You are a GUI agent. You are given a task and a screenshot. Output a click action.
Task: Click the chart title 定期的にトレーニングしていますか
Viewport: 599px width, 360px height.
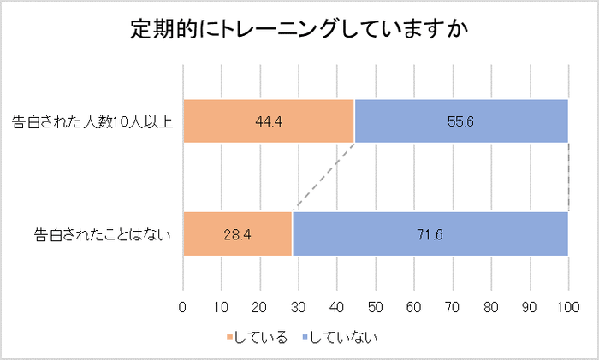pyautogui.click(x=299, y=29)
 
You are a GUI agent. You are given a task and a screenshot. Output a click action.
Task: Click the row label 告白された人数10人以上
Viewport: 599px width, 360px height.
pyautogui.click(x=92, y=121)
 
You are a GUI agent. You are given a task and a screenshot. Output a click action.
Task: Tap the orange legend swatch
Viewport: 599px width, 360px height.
pyautogui.click(x=229, y=336)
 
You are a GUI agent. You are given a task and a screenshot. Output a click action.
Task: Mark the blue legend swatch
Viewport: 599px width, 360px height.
pyautogui.click(x=305, y=336)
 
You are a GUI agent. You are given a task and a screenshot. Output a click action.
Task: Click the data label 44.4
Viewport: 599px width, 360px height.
pyautogui.click(x=269, y=121)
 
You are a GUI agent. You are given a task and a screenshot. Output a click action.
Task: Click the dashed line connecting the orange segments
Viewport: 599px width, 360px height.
pyautogui.click(x=323, y=177)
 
